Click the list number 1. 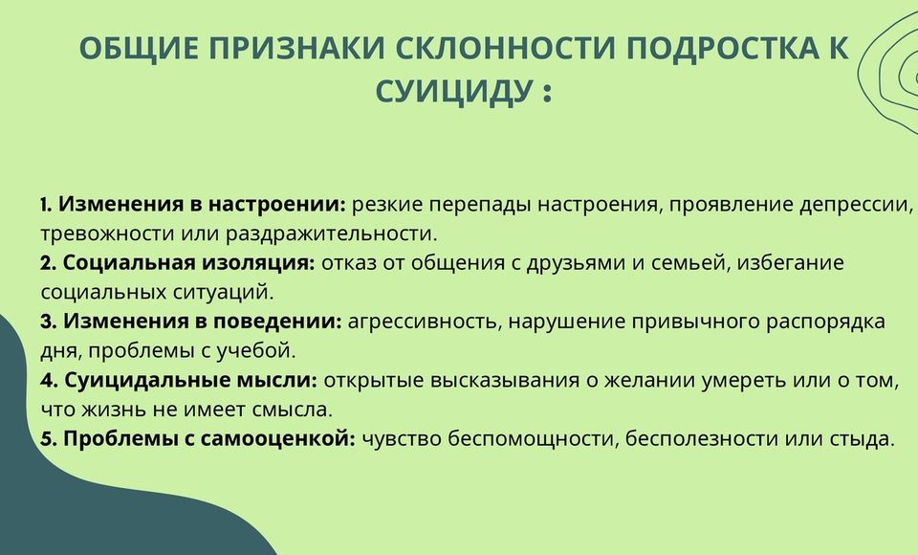click(x=45, y=205)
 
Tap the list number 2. click(x=48, y=263)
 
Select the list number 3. click(x=48, y=322)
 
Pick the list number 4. click(x=49, y=380)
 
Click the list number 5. click(x=48, y=439)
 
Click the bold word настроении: click(x=277, y=205)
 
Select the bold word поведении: click(x=277, y=322)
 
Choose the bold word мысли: click(x=276, y=380)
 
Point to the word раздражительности click(x=332, y=233)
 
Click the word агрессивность click(x=425, y=322)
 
